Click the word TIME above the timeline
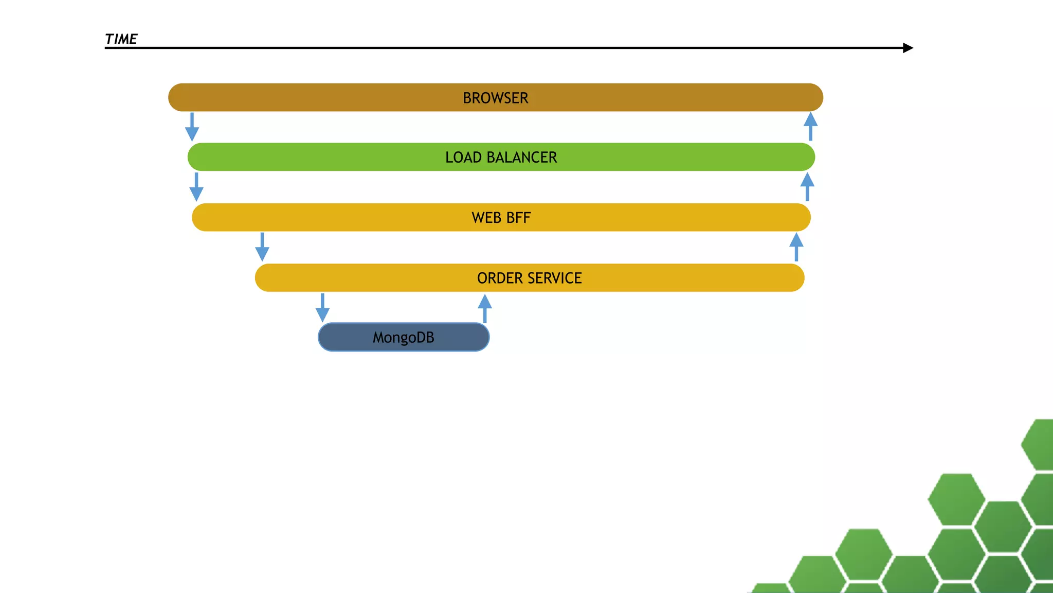(121, 39)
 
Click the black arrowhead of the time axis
(907, 48)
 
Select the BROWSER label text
(495, 98)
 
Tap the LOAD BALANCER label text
(501, 157)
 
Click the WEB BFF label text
(501, 218)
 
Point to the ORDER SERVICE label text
(529, 278)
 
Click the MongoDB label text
(403, 338)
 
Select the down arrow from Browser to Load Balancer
(192, 127)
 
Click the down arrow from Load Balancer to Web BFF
(196, 187)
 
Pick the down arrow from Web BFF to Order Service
(262, 247)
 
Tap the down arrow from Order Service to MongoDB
(322, 308)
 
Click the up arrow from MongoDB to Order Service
(485, 308)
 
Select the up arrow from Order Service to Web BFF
(796, 247)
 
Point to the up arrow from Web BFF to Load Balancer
(807, 187)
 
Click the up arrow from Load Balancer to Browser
(811, 127)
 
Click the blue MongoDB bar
(350, 338)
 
